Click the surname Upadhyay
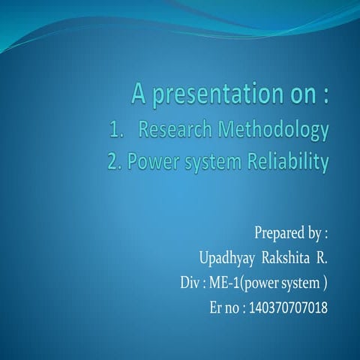226,259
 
